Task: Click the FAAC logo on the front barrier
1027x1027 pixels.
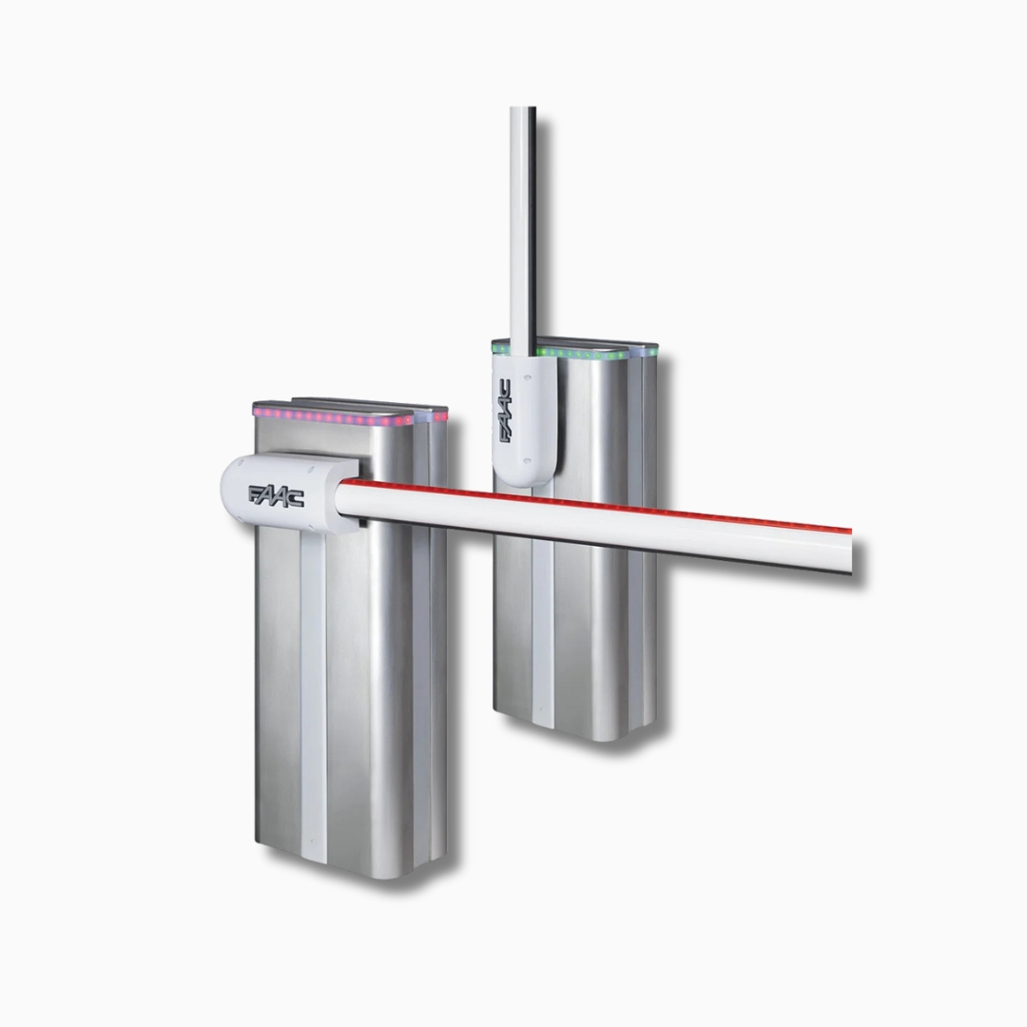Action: click(x=276, y=495)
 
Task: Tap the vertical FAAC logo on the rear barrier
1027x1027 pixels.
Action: click(x=506, y=412)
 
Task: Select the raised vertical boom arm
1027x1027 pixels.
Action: click(x=523, y=229)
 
